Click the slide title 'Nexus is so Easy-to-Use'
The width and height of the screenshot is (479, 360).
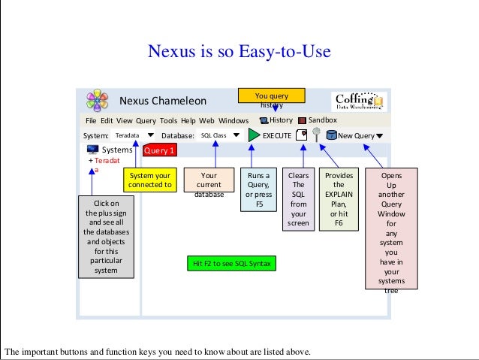click(x=239, y=53)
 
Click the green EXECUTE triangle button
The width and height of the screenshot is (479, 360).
click(x=252, y=135)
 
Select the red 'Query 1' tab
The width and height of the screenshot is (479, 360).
click(x=158, y=150)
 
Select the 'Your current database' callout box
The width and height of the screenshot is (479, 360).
click(x=209, y=184)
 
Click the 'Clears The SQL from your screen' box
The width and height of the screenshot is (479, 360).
click(x=299, y=198)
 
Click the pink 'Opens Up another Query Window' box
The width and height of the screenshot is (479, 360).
click(x=391, y=229)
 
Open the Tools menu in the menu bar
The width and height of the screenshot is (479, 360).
click(x=168, y=120)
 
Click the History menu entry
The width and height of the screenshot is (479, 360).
click(x=276, y=120)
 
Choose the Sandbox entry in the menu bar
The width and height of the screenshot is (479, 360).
click(x=318, y=120)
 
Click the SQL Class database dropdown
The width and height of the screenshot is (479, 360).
click(x=220, y=135)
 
